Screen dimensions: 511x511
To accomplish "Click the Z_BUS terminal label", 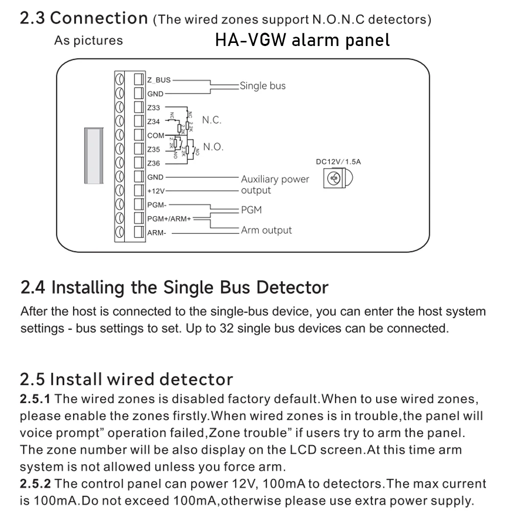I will (x=159, y=80).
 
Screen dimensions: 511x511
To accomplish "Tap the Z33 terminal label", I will (x=153, y=108).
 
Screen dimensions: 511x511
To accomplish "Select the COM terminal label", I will (x=155, y=135).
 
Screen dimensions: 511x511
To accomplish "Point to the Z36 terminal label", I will (x=153, y=164).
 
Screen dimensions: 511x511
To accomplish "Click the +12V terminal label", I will (x=155, y=191).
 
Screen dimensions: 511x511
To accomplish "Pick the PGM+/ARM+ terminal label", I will (x=169, y=219).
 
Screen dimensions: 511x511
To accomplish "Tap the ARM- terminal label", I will (x=156, y=233).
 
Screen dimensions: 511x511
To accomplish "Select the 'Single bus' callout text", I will (x=263, y=86).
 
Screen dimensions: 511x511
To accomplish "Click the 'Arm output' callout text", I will (x=266, y=230).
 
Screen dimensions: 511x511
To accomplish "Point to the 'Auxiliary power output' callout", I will (x=275, y=184).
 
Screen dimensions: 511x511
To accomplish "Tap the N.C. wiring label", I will (x=212, y=121).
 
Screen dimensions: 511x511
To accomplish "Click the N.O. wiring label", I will (x=213, y=147).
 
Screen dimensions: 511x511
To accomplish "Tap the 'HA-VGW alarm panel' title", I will (x=302, y=40).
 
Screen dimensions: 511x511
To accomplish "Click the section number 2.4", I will (x=34, y=287).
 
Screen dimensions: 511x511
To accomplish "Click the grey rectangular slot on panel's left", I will (x=94, y=156).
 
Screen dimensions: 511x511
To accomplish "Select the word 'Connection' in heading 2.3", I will (x=99, y=18).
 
